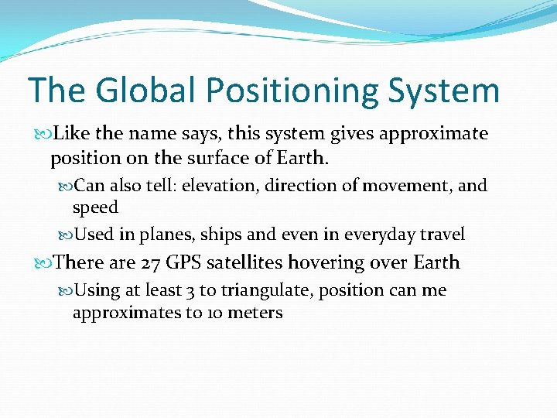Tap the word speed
tap(95, 208)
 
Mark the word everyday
tap(381, 235)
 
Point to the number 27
tap(152, 262)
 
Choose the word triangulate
tap(264, 290)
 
